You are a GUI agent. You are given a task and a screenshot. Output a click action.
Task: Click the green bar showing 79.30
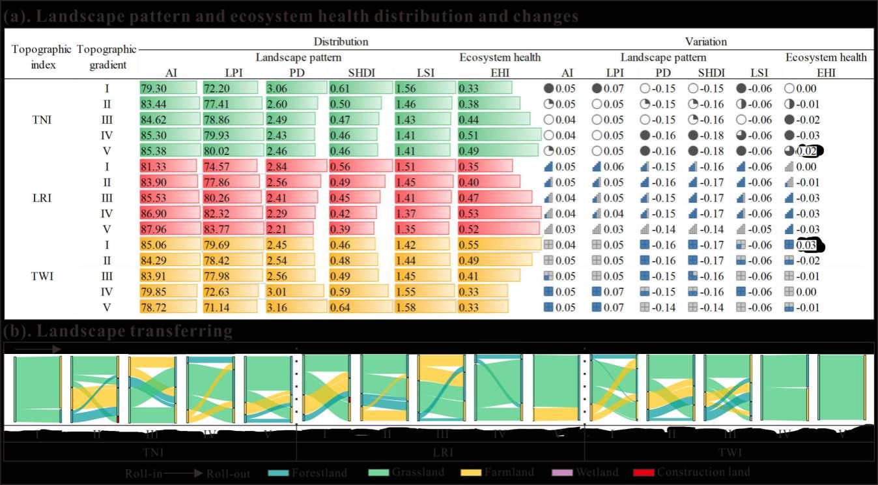pyautogui.click(x=168, y=88)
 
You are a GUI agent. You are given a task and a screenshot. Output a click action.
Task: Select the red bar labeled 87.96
pyautogui.click(x=169, y=229)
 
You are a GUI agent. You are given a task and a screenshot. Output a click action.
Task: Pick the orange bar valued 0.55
pyautogui.click(x=499, y=244)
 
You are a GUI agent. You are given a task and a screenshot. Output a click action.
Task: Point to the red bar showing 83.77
pyautogui.click(x=232, y=229)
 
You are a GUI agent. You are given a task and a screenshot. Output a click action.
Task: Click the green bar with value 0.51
pyautogui.click(x=499, y=135)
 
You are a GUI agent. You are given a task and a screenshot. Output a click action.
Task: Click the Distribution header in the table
pyautogui.click(x=341, y=42)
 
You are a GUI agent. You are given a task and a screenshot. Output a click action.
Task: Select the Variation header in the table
pyautogui.click(x=705, y=42)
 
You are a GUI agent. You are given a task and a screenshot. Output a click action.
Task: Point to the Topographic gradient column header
pyautogui.click(x=107, y=57)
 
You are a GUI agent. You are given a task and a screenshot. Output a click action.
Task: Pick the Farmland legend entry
pyautogui.click(x=496, y=473)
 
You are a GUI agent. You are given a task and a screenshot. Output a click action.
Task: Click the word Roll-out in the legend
pyautogui.click(x=228, y=474)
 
